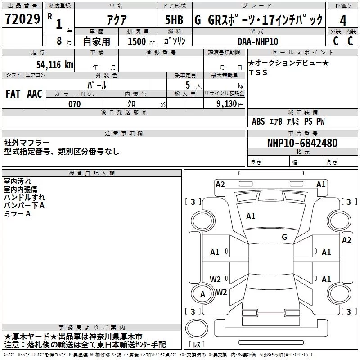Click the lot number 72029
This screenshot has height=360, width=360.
[22, 19]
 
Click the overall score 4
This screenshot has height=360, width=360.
[343, 20]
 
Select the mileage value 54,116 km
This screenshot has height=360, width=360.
[55, 65]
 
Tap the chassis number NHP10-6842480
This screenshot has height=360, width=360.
[302, 143]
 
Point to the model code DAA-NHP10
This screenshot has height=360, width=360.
[258, 41]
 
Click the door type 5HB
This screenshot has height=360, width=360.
[174, 20]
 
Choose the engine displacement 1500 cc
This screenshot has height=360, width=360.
[141, 41]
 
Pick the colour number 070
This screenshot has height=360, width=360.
[75, 104]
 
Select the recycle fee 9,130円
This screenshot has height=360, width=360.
[230, 104]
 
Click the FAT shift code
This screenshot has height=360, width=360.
[13, 94]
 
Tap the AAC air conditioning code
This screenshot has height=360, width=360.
[35, 94]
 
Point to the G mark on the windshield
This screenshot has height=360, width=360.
[284, 237]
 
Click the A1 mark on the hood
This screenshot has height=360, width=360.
[251, 216]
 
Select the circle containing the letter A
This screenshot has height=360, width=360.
[202, 294]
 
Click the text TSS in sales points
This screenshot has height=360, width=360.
[258, 72]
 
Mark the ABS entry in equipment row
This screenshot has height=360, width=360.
[258, 121]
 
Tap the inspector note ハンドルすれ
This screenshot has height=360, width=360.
[24, 198]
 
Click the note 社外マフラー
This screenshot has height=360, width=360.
[27, 143]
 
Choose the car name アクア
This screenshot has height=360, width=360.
[117, 20]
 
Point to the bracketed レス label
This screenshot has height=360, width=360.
[197, 344]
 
